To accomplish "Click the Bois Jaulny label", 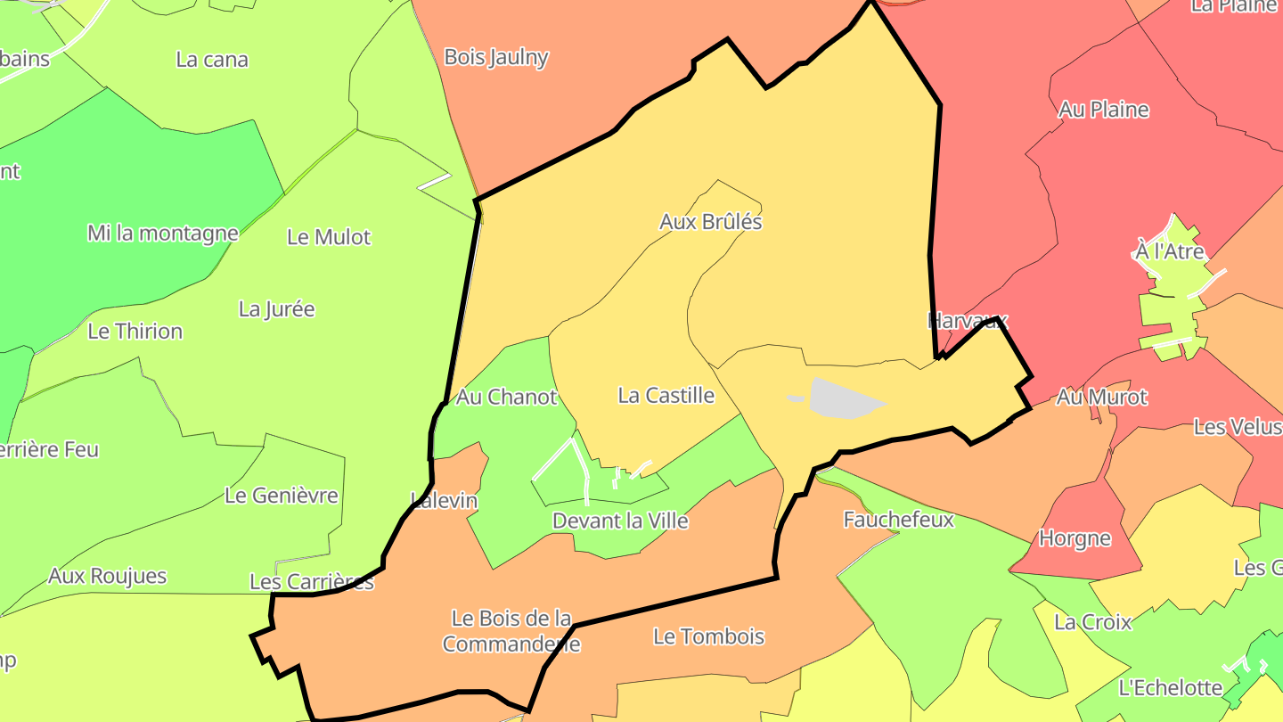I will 495,57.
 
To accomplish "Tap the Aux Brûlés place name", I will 710,221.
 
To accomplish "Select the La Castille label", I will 666,395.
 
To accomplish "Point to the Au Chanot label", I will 506,397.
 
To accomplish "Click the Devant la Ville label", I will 620,520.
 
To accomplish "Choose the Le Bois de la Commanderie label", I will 511,630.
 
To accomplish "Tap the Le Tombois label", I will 708,636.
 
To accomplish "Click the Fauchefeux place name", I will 898,519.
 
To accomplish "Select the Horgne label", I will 1075,538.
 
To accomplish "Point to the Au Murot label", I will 1101,397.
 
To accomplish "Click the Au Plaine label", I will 1103,110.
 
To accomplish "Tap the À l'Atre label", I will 1169,251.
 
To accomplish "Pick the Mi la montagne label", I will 162,234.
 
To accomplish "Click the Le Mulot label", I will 328,237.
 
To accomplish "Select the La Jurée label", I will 276,309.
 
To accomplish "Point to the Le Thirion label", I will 135,332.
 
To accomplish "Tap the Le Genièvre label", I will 281,496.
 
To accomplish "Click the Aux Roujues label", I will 107,576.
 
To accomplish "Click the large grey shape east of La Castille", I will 843,398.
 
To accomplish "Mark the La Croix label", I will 1092,622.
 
